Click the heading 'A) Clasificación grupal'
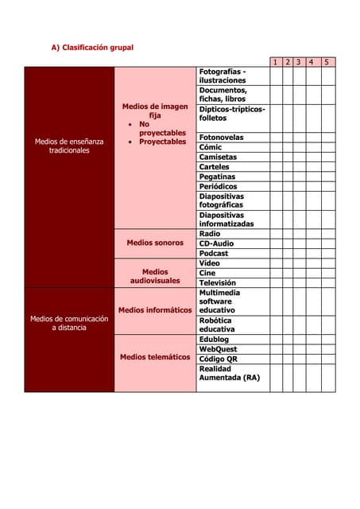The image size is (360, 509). [x=92, y=48]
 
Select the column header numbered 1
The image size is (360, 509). [x=275, y=62]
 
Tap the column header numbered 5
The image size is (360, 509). [x=327, y=62]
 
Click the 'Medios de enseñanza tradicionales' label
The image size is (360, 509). [x=68, y=146]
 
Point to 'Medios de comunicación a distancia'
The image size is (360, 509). [x=68, y=323]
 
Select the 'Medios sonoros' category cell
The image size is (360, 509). [x=155, y=243]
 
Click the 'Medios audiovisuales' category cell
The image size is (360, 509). [x=155, y=276]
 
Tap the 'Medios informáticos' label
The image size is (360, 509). [x=155, y=309]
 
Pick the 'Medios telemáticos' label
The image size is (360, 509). [x=155, y=357]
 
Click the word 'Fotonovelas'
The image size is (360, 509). [x=221, y=138]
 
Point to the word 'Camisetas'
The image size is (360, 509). [x=217, y=157]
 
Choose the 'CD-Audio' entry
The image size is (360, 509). [x=216, y=243]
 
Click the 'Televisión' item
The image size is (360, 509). [x=217, y=282]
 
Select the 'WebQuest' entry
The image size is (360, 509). [x=218, y=349]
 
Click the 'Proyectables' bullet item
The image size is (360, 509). [x=162, y=142]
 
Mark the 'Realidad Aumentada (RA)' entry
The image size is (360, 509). [x=229, y=373]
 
